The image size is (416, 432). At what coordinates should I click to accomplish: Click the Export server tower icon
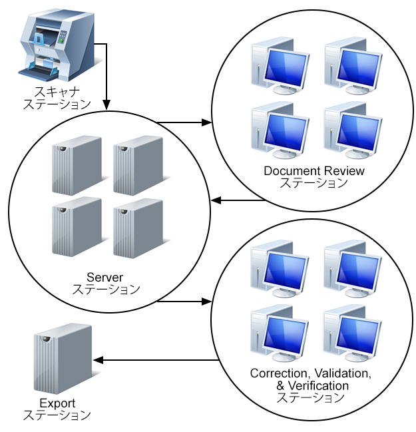63,359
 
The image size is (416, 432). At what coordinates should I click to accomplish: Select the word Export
57,403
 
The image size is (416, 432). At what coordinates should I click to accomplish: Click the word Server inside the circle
105,277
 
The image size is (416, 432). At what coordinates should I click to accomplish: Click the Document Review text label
314,171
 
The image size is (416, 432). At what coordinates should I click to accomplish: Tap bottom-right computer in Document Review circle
353,130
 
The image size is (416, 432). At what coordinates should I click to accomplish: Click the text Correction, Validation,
311,373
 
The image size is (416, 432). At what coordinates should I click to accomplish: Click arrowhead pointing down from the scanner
106,105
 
